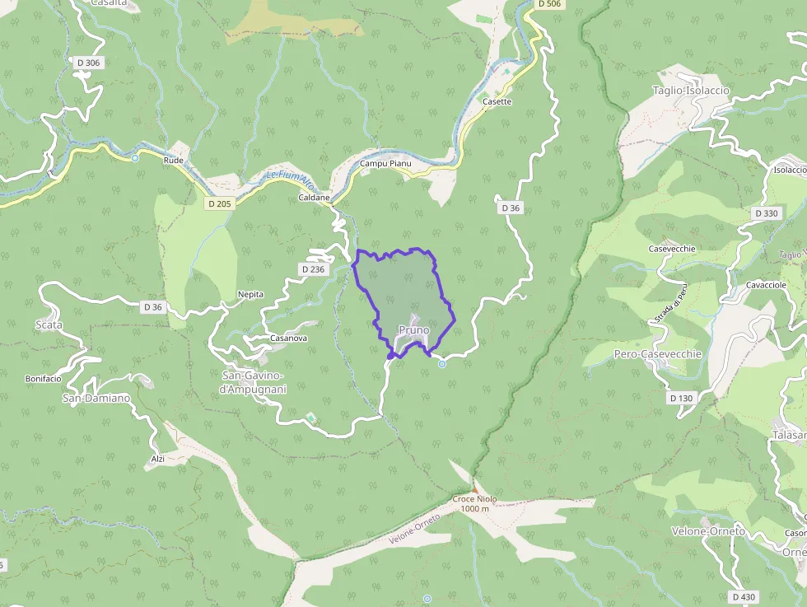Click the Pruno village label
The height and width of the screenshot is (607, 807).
[x=413, y=330]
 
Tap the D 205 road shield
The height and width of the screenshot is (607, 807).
[x=219, y=203]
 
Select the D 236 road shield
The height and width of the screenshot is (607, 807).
[x=314, y=269]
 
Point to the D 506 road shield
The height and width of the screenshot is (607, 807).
[x=549, y=4]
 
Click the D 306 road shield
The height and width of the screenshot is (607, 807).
[x=88, y=63]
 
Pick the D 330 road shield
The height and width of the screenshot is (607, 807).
[x=766, y=213]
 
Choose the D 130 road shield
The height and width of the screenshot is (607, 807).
[x=682, y=398]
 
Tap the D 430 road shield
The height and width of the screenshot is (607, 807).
[x=743, y=596]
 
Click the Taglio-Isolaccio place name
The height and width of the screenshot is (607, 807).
[x=690, y=91]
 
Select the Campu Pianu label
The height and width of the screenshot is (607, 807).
[x=385, y=164]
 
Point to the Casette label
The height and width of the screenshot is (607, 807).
[x=497, y=102]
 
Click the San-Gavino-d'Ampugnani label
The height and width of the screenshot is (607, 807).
[x=254, y=382]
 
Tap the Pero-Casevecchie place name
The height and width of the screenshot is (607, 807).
[x=658, y=354]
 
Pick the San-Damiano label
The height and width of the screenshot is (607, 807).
[x=96, y=399]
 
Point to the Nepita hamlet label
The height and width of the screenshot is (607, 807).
[x=250, y=294]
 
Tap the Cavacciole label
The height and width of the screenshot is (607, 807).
[x=766, y=285]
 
